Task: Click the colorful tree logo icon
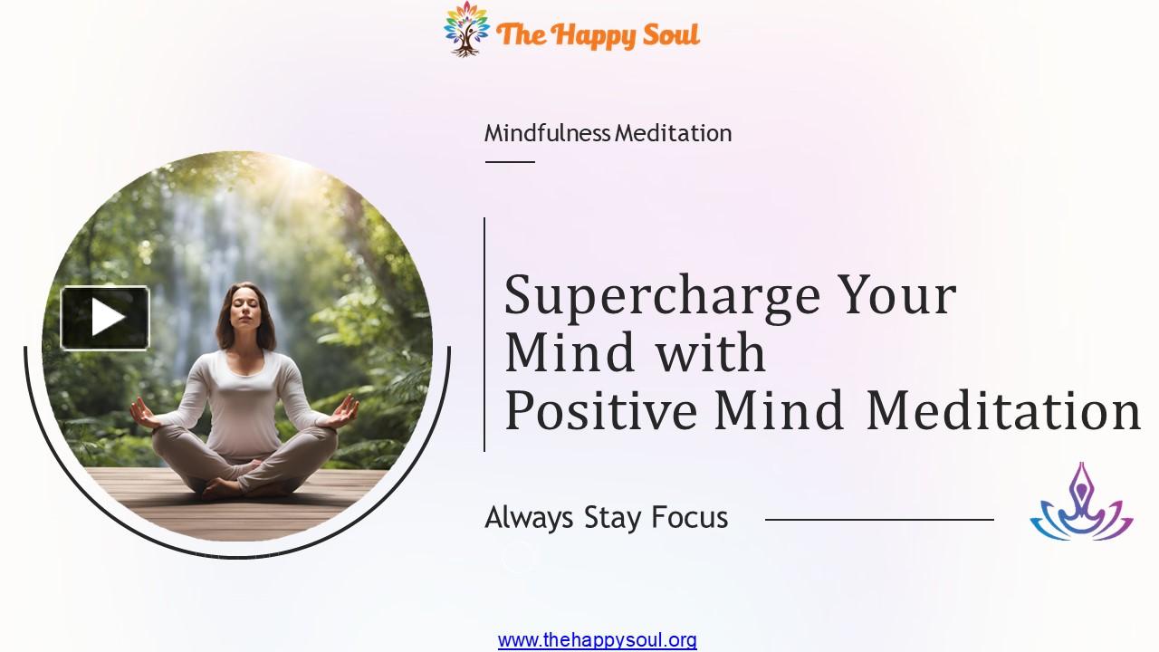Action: tap(466, 28)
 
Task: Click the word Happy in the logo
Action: tap(591, 35)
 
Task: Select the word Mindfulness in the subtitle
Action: tap(547, 133)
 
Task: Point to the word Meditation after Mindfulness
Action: tap(673, 133)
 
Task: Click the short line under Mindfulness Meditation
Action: tap(510, 162)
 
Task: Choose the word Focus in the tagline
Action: tap(690, 518)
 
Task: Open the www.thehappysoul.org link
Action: tap(597, 640)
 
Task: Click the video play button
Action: tap(105, 318)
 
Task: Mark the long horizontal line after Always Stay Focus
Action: tap(878, 520)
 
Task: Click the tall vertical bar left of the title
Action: tap(484, 334)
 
